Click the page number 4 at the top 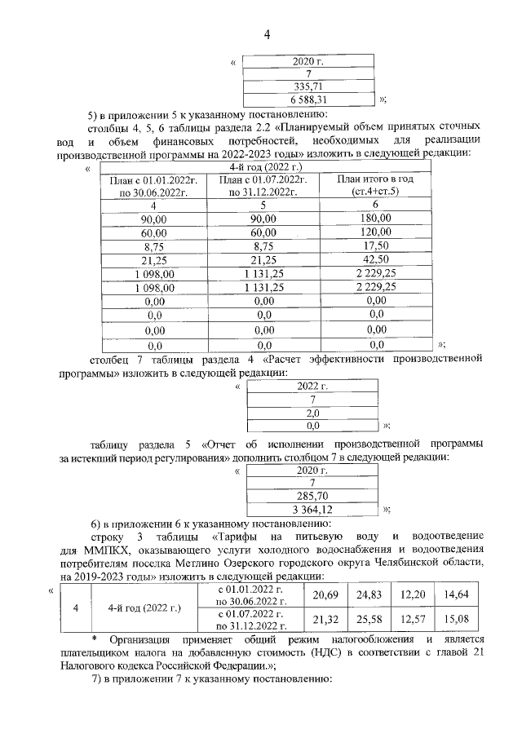coord(267,34)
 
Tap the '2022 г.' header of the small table coord(312,386)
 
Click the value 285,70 coord(312,496)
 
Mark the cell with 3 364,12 coord(312,509)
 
